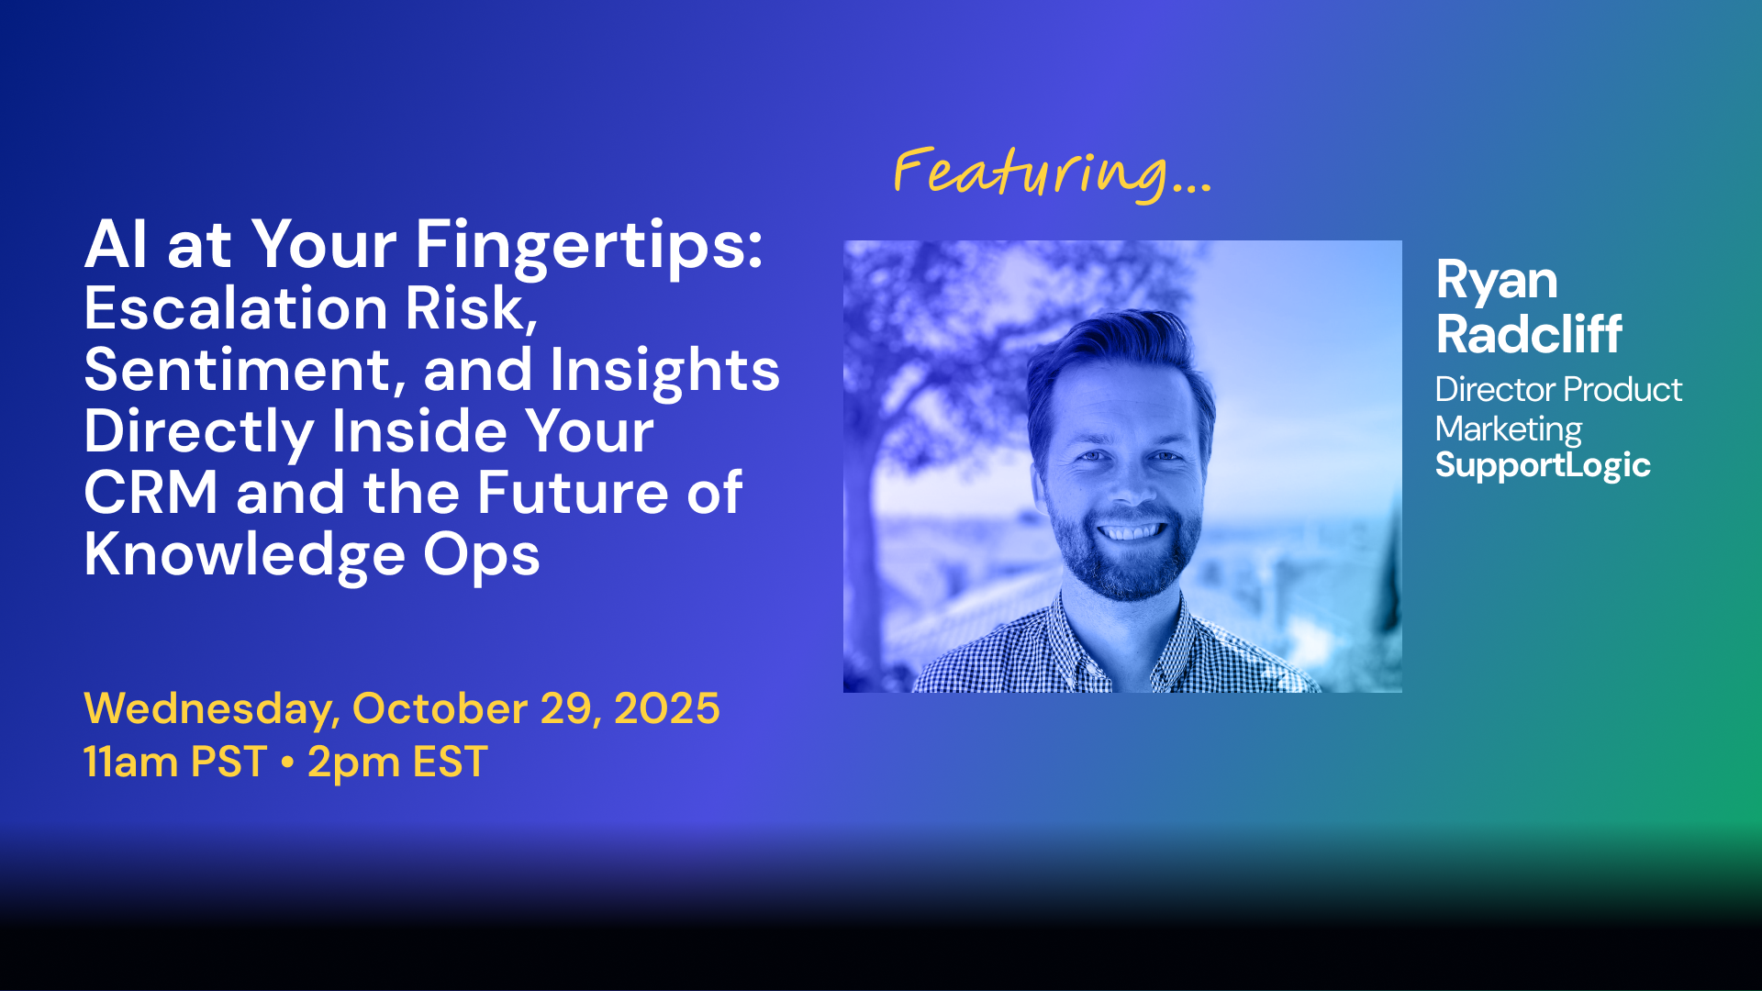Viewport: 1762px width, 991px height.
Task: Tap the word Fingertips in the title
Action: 589,247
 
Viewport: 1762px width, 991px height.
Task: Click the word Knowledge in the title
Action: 245,556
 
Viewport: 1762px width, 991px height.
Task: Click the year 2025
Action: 667,708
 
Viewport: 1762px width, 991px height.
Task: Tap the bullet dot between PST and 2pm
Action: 287,763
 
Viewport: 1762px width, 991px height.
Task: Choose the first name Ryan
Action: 1497,282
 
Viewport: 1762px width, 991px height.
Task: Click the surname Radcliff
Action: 1529,333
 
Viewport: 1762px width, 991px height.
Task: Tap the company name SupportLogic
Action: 1543,466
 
